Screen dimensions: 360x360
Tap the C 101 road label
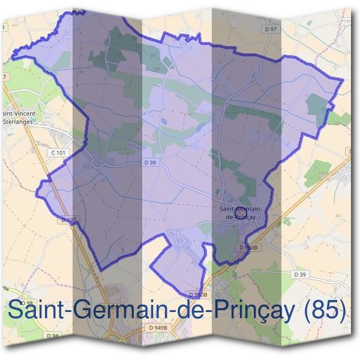coord(58,153)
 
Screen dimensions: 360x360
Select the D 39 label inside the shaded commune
coord(150,163)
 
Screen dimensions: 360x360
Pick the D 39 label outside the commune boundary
coord(300,274)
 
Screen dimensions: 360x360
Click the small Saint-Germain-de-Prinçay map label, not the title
coord(238,212)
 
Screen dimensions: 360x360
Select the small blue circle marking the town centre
coord(241,212)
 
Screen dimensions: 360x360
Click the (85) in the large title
coord(325,310)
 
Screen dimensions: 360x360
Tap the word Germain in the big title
coord(125,310)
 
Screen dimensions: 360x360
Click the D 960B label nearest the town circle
coord(247,247)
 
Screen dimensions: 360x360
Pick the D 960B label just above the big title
coord(197,295)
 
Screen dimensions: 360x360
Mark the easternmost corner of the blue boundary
coord(343,80)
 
